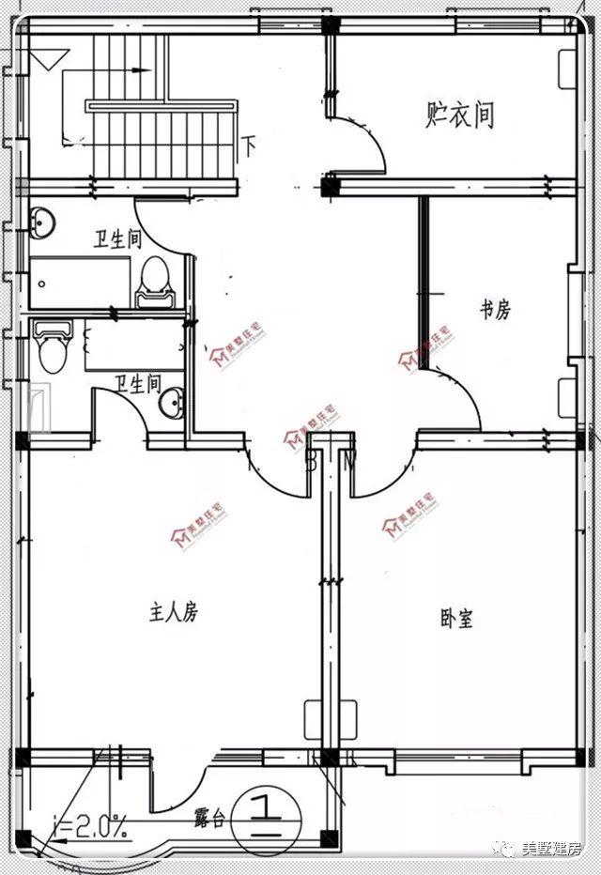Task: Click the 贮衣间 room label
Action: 459,115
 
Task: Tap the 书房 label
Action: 495,309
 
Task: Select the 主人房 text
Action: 174,612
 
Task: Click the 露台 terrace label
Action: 209,818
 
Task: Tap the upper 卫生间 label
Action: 117,239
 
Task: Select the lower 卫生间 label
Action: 137,383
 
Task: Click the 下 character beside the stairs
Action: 250,146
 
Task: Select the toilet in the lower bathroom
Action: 53,348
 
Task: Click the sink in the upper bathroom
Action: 40,222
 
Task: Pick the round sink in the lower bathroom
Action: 172,405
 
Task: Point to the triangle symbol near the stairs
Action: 43,62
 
